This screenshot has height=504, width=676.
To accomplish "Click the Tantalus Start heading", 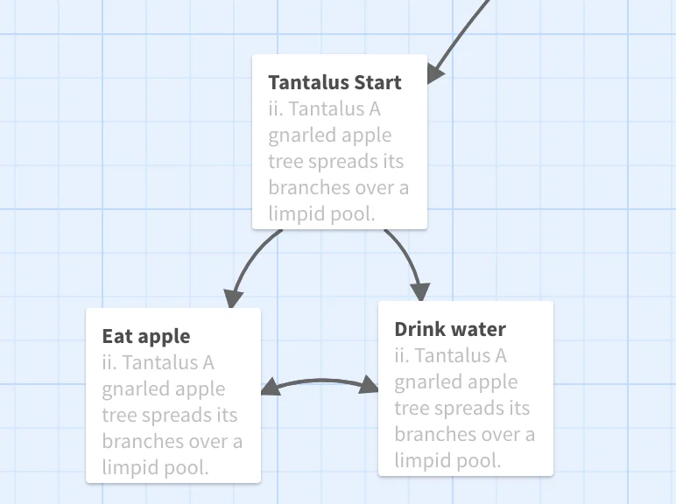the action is [x=334, y=82].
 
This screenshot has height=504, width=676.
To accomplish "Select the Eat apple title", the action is [x=146, y=337].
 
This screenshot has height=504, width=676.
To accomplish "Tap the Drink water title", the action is [x=450, y=329].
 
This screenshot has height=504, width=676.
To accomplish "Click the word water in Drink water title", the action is [x=478, y=329].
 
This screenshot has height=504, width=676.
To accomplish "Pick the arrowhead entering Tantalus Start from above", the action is [x=434, y=73].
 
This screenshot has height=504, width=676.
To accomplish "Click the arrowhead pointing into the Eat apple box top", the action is [x=233, y=298].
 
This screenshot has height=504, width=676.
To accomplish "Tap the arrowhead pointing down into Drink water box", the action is [x=420, y=292].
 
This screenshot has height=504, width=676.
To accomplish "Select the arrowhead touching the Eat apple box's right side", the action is [x=270, y=387].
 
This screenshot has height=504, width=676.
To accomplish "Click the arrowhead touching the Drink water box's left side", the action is [x=369, y=384].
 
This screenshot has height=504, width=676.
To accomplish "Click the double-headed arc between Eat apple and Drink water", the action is [x=320, y=381].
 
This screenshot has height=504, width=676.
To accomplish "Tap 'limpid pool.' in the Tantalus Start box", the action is [x=321, y=214].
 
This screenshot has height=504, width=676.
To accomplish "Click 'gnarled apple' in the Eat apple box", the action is [x=164, y=389].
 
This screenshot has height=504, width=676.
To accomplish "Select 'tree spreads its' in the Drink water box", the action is [x=462, y=408].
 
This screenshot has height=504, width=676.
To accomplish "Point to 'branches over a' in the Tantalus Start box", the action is [x=338, y=188].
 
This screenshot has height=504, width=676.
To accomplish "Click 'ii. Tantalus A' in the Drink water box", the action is [x=451, y=356].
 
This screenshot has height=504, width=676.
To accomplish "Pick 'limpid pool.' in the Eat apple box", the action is [x=155, y=468].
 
